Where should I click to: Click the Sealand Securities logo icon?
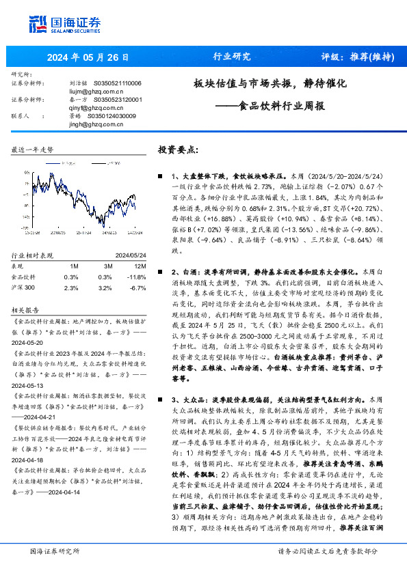(x=36, y=25)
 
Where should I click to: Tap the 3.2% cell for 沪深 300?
(x=105, y=269)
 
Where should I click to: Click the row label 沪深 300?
(x=25, y=269)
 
